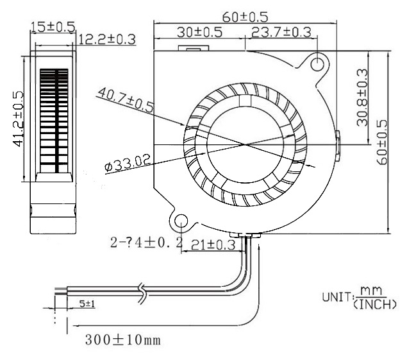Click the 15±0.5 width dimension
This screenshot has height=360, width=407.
[x=53, y=26]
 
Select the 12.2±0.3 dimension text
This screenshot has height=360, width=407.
[x=106, y=40]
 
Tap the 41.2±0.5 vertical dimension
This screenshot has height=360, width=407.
[x=19, y=119]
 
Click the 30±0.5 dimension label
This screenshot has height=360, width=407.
[x=199, y=31]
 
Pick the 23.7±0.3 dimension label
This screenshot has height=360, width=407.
[x=281, y=31]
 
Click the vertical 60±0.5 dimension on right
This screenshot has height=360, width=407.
[x=383, y=142]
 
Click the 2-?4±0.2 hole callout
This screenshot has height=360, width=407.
[x=145, y=243]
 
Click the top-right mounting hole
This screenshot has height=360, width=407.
[x=317, y=62]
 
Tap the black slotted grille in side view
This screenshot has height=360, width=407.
[x=53, y=120]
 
